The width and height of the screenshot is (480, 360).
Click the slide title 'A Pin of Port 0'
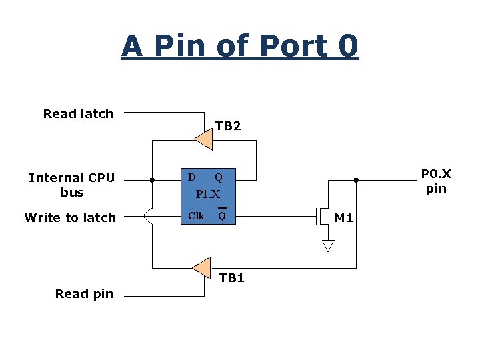click(x=240, y=46)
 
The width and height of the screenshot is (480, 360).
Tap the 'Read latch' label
click(x=78, y=114)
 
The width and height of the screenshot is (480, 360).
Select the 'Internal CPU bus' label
click(x=72, y=185)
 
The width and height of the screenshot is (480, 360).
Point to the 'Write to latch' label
click(x=70, y=217)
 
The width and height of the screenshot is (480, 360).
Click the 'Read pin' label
click(x=84, y=293)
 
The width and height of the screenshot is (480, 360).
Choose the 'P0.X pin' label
click(x=436, y=181)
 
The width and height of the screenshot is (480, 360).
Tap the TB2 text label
click(x=228, y=126)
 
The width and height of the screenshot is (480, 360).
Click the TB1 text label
click(x=232, y=278)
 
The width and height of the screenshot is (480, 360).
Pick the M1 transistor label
click(x=344, y=217)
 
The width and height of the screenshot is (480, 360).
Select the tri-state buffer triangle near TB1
click(x=202, y=267)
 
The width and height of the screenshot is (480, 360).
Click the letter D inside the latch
click(x=192, y=177)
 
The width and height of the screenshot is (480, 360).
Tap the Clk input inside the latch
click(x=196, y=216)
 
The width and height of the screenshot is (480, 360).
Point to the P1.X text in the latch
click(x=207, y=195)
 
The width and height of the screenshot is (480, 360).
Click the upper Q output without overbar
click(x=218, y=177)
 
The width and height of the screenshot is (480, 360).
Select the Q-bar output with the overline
click(x=222, y=215)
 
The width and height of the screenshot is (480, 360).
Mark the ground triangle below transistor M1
click(x=327, y=245)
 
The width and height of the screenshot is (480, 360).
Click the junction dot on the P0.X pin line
click(x=356, y=180)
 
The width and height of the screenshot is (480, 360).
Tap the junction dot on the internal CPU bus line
click(x=153, y=180)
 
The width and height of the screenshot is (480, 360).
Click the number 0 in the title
click(x=348, y=46)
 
